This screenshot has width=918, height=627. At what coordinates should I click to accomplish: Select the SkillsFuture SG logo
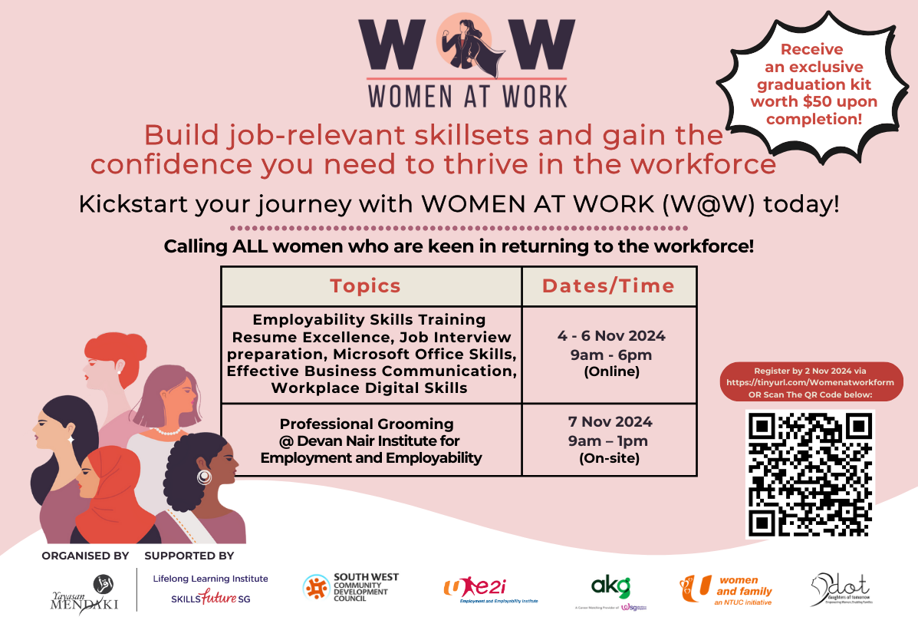point(211,597)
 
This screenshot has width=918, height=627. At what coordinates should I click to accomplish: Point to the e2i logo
point(491,590)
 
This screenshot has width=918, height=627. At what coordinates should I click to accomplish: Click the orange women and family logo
point(726,589)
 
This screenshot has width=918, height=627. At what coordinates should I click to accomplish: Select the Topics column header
point(366,286)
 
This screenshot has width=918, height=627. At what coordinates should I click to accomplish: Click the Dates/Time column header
point(608,286)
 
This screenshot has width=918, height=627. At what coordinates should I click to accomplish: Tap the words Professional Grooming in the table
point(367,424)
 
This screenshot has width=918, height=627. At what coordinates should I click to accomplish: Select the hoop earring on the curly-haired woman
point(204,477)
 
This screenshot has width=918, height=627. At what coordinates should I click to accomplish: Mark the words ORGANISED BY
point(85,556)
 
